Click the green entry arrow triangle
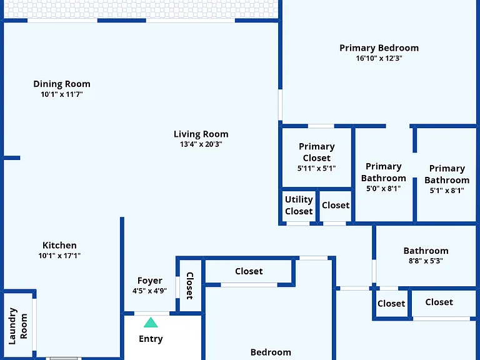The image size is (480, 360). (151, 322)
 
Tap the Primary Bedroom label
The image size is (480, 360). (379, 48)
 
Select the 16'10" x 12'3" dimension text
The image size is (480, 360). (379, 58)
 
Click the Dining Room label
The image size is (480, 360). (62, 84)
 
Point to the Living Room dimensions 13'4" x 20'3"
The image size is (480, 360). (201, 144)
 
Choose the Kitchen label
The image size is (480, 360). (59, 246)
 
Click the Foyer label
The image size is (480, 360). (150, 281)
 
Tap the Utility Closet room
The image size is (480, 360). (299, 206)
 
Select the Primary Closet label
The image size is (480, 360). (316, 152)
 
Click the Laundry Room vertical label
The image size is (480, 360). (17, 326)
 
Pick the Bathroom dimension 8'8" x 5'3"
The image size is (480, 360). (426, 261)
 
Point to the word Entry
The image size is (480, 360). (151, 339)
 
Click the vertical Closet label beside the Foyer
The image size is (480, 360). (190, 286)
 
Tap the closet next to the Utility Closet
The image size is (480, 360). (336, 206)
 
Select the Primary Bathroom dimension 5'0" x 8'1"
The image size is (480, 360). (384, 189)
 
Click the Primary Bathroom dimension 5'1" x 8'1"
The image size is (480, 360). (447, 191)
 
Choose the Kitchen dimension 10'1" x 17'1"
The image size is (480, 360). (59, 256)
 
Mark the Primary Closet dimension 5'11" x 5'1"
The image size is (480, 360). (316, 168)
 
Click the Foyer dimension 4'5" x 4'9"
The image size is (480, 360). (150, 291)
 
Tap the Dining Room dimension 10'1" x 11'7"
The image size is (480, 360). (62, 94)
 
